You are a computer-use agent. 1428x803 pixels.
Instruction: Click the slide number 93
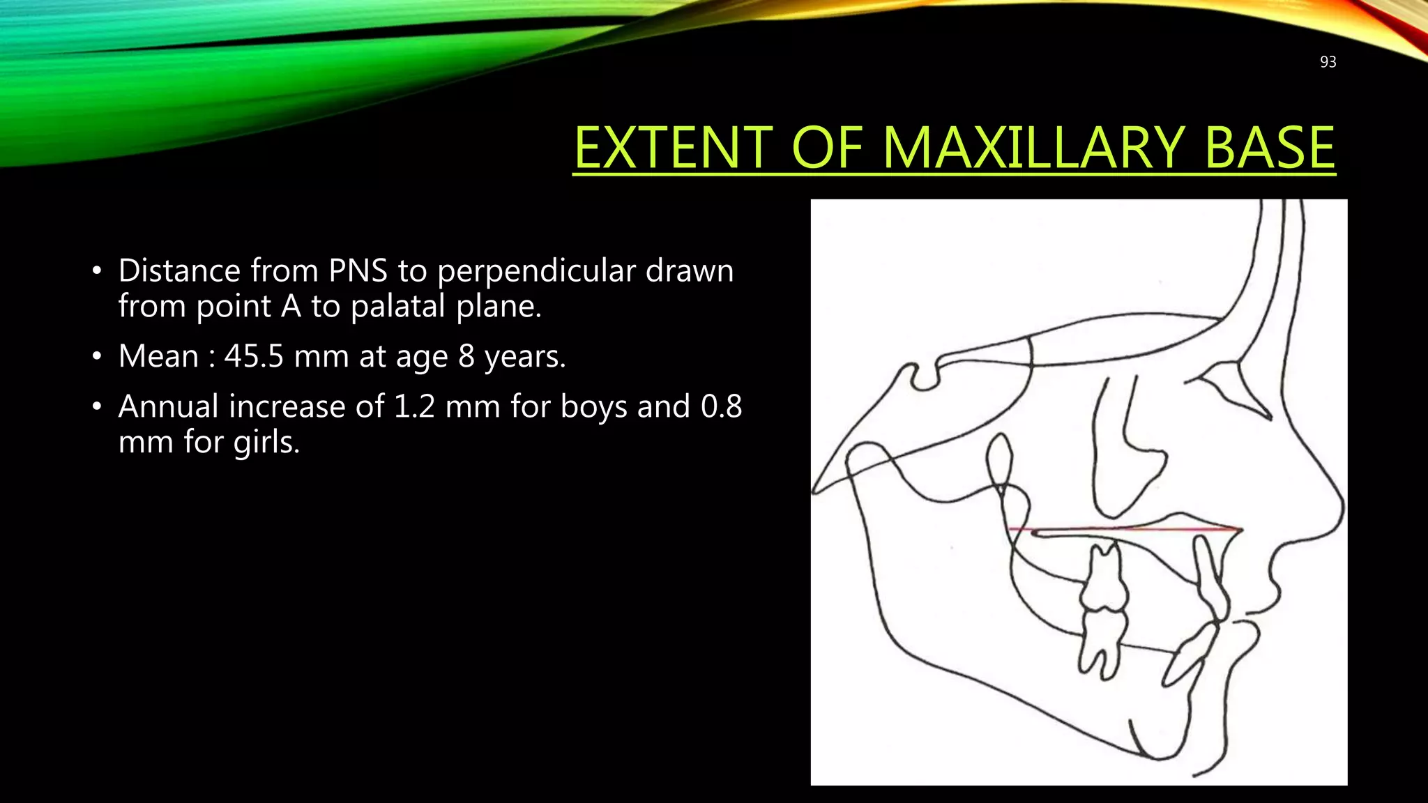coord(1328,62)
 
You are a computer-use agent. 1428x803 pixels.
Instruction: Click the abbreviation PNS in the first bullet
coord(358,270)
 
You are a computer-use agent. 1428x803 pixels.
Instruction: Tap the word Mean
coord(159,356)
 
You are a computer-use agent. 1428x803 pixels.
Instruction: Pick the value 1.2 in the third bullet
coord(411,406)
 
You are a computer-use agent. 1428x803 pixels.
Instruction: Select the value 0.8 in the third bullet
coord(721,406)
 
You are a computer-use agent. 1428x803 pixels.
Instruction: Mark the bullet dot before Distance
coord(97,271)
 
